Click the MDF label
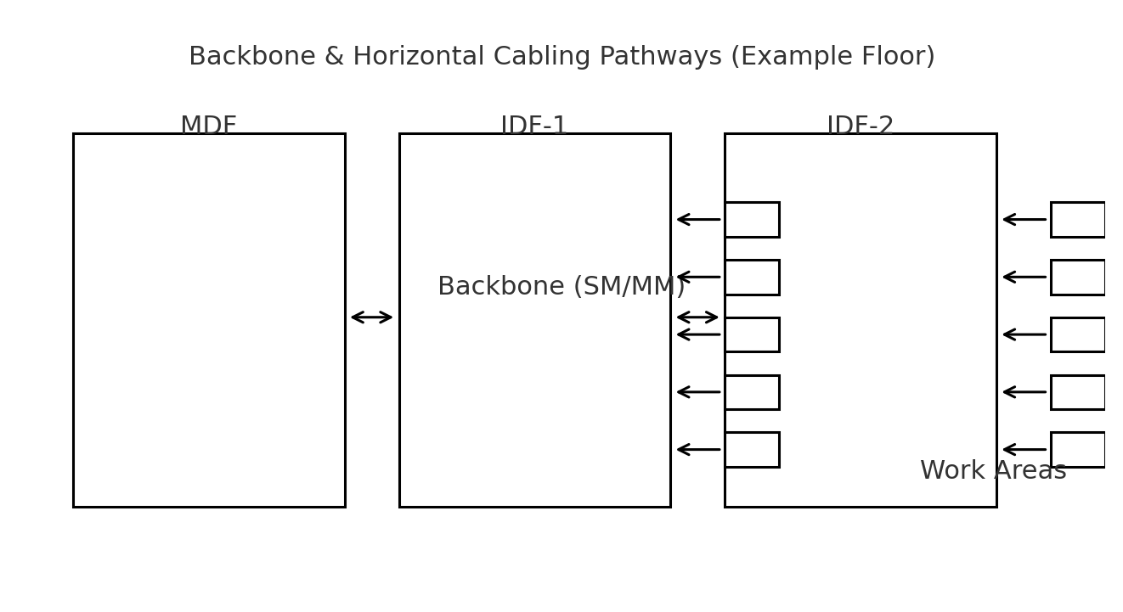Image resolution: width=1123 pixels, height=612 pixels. click(208, 126)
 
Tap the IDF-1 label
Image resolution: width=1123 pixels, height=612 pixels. click(533, 126)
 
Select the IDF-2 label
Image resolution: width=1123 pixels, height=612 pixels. click(860, 126)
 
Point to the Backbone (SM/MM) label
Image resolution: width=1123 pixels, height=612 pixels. click(561, 287)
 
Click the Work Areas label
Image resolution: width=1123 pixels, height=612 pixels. click(992, 471)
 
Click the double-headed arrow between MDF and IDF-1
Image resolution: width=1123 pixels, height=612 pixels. click(372, 317)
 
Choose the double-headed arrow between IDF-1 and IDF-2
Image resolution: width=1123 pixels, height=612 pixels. click(697, 317)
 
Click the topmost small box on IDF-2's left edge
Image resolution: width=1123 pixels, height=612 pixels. click(752, 220)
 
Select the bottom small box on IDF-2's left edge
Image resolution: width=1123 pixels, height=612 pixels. click(752, 450)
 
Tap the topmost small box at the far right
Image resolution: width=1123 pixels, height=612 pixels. click(1077, 220)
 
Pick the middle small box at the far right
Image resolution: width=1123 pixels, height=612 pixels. click(1077, 334)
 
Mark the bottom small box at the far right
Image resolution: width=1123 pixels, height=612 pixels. click(1077, 450)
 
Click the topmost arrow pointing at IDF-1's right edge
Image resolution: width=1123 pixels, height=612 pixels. click(698, 220)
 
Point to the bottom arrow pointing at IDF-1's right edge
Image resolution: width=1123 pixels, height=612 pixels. click(698, 450)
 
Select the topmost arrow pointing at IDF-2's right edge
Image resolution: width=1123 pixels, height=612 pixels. click(1024, 220)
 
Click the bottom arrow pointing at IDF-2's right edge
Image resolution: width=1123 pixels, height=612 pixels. click(1024, 450)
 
